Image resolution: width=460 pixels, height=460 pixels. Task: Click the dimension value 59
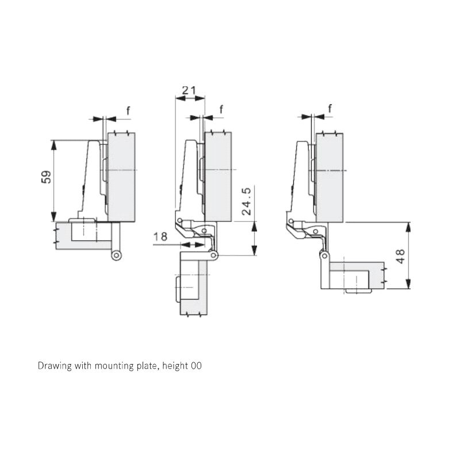point(46,177)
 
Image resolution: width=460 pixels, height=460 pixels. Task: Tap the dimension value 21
point(189,90)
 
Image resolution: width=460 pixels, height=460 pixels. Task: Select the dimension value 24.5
point(247,201)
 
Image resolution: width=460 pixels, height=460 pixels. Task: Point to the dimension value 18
point(160,236)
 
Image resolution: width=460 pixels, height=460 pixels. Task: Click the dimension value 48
point(400,256)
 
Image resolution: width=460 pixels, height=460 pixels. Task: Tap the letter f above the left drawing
point(128,111)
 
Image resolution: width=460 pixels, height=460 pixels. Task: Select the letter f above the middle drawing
point(221,109)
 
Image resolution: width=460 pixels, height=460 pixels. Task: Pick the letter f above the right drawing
point(330,109)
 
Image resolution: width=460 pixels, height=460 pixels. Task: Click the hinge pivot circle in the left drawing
point(117,255)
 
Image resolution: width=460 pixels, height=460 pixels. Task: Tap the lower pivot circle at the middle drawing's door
point(213,256)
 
